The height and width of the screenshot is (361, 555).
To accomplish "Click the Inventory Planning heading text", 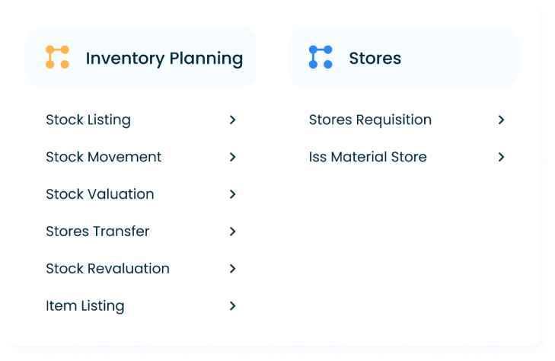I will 164,58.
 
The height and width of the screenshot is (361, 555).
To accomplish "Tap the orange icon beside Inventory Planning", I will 57,57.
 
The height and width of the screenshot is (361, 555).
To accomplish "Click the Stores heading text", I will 375,58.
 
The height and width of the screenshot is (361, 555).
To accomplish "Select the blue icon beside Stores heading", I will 321,57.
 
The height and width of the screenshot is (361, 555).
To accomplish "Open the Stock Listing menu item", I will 88,120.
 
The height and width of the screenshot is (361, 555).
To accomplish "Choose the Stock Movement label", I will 104,157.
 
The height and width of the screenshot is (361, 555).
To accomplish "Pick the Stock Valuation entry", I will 100,194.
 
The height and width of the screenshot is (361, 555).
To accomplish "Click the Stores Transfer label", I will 97,231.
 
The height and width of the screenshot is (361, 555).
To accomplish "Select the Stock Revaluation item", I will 107,268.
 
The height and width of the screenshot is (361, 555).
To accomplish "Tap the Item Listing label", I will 85,305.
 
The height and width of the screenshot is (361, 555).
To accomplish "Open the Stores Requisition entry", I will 370,120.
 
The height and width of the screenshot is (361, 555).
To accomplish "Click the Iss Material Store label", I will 368,157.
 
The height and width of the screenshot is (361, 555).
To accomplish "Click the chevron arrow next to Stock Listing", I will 233,120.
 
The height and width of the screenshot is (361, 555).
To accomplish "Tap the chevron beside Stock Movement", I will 233,157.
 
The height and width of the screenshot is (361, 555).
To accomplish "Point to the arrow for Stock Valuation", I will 233,194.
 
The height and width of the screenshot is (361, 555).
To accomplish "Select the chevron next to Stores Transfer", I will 233,231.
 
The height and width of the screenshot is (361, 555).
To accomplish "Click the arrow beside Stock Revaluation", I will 233,268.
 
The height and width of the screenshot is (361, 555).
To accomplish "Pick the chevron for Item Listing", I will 233,305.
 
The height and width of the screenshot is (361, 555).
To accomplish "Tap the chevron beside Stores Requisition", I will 501,120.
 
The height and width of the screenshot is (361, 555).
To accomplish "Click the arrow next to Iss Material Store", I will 501,157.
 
